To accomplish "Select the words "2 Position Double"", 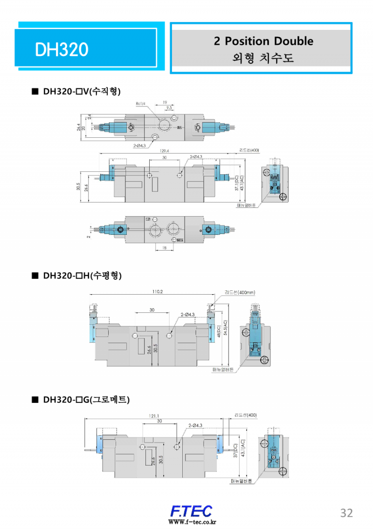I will point(263,41).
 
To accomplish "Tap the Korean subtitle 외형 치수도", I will point(263,58).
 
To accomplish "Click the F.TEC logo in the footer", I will point(191,511).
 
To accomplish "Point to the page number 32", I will point(346,513).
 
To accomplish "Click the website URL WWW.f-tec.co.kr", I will point(192,522).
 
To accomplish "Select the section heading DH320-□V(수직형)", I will point(82,91).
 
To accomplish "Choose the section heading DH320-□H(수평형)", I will point(82,275).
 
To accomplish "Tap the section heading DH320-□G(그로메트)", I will point(86,400).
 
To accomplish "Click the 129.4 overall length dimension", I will point(164,151).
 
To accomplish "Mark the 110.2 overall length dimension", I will point(157,292).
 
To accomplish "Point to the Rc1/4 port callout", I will point(140,103).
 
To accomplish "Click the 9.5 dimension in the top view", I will point(169,107).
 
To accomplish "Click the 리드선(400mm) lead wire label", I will point(240,292).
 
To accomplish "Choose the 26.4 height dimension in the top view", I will point(79,127).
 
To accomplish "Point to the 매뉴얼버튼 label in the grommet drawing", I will point(241,481).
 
